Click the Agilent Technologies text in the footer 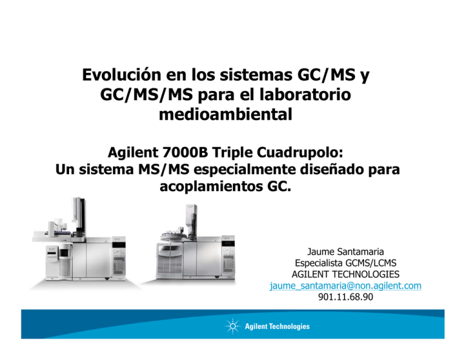click(x=277, y=327)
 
